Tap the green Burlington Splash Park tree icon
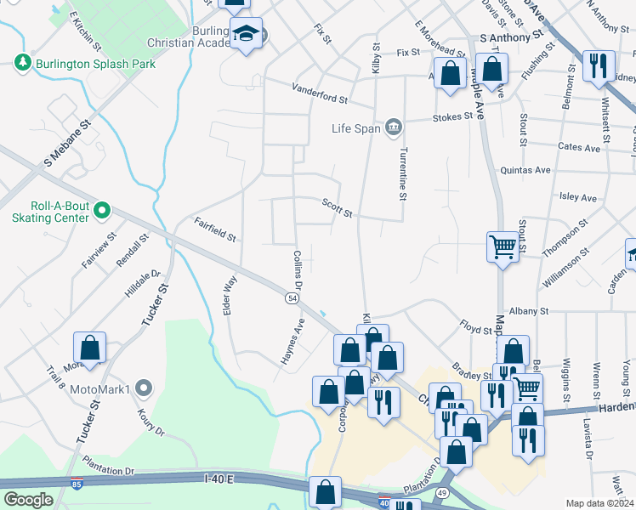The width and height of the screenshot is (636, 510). [x=22, y=63]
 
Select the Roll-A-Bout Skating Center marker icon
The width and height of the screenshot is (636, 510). [x=102, y=209]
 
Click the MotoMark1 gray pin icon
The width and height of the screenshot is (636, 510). [x=143, y=389]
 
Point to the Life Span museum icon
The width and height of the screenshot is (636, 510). [x=393, y=128]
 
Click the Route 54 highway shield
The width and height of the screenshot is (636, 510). [x=292, y=298]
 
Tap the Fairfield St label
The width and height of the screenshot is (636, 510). [x=214, y=229]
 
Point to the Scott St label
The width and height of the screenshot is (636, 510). [x=337, y=207]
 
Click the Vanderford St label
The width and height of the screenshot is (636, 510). [x=320, y=93]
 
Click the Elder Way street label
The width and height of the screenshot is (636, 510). [x=228, y=294]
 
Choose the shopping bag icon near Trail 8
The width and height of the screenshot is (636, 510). [x=89, y=348]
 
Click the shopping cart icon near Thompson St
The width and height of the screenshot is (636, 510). [x=503, y=247]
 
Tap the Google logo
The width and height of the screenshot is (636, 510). [x=28, y=500]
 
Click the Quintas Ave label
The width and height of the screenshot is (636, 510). [x=525, y=170]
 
